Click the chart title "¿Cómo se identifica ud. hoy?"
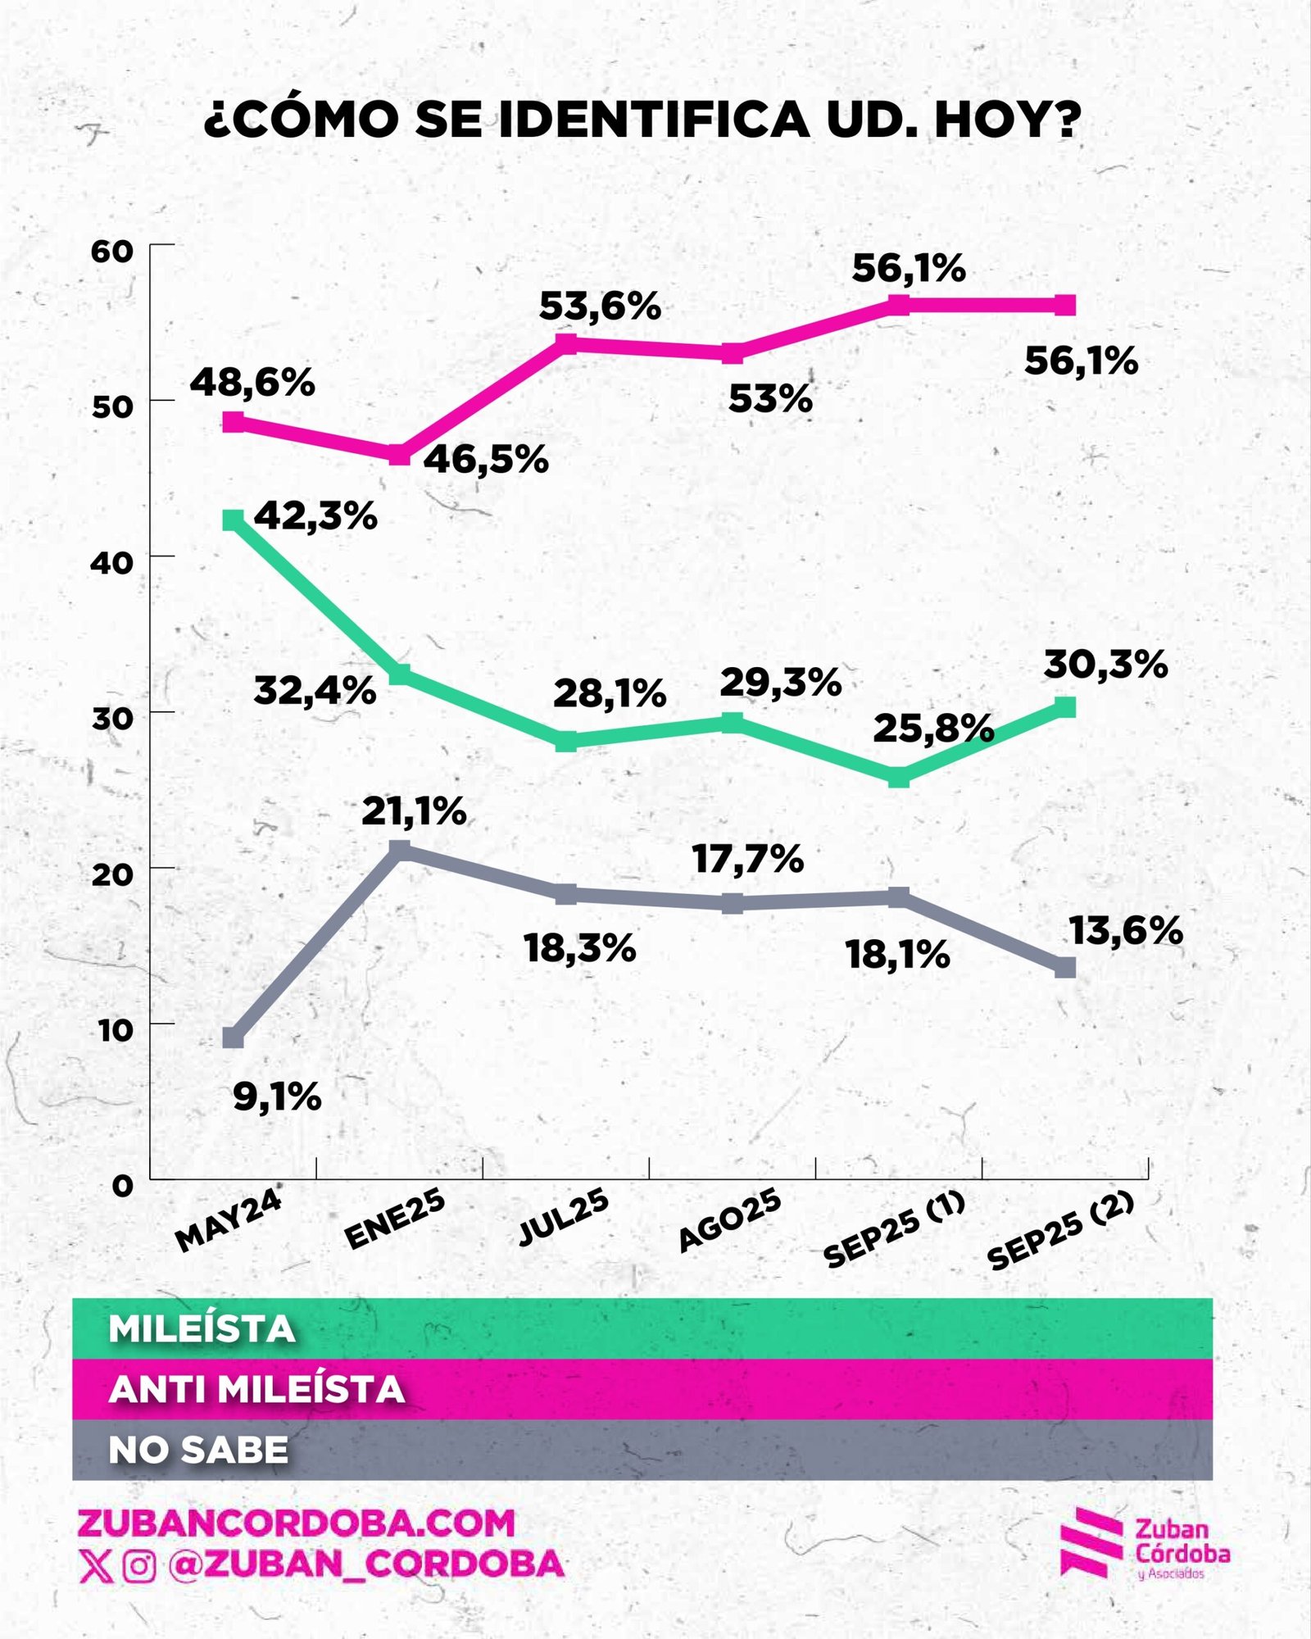(x=642, y=120)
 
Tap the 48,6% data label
(x=252, y=383)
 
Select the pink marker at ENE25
(x=399, y=455)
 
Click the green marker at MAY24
(x=234, y=520)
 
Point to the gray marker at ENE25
(x=399, y=850)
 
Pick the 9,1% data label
(x=277, y=1096)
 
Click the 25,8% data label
(x=933, y=729)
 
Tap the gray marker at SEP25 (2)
(x=1064, y=968)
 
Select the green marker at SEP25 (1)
(x=899, y=777)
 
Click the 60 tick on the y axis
(x=112, y=252)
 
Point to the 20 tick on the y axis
(x=112, y=874)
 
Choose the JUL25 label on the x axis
(x=565, y=1219)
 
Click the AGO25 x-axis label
(x=730, y=1221)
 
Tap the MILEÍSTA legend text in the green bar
(x=202, y=1329)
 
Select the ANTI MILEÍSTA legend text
(x=256, y=1390)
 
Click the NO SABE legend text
(x=198, y=1451)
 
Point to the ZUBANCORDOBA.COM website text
(x=296, y=1523)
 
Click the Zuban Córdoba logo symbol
(x=1091, y=1542)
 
